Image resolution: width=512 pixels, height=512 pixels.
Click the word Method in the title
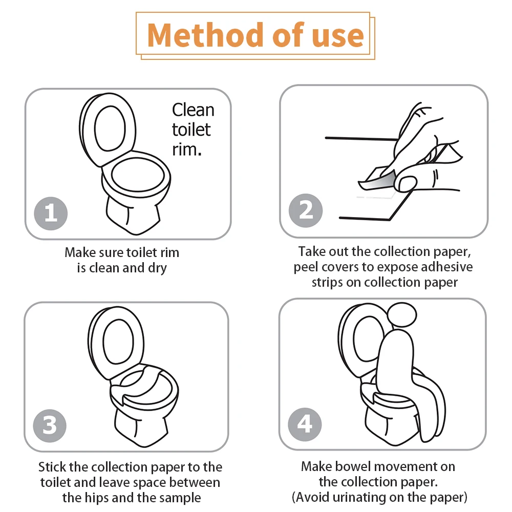click(x=205, y=35)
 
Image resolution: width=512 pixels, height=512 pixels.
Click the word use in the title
click(x=338, y=36)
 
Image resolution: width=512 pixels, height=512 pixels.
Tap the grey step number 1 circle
click(x=51, y=214)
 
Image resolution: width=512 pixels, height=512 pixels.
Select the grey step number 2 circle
click(x=306, y=210)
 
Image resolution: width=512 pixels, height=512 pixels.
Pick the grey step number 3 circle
click(x=50, y=426)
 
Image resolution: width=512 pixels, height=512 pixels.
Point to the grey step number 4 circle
click(x=305, y=424)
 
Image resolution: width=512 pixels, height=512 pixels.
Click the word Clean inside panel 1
click(x=194, y=110)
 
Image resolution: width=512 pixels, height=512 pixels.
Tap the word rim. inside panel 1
click(x=187, y=150)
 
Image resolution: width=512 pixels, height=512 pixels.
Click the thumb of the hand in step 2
click(x=406, y=183)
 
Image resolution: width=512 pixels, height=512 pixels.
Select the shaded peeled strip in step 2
click(x=378, y=181)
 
